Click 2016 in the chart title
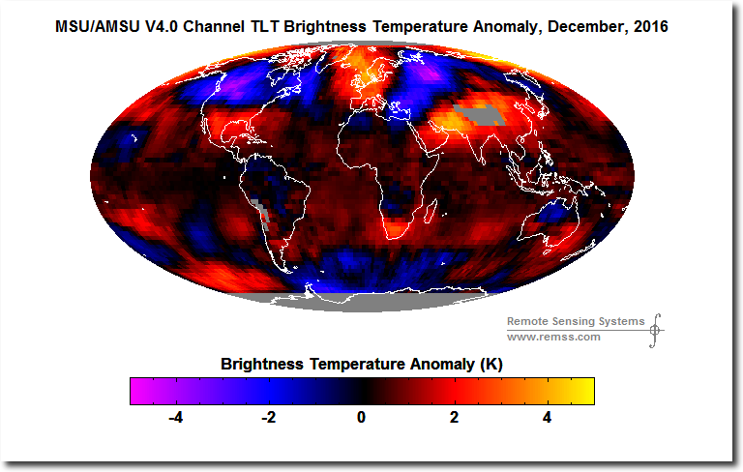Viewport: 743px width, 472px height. (650, 26)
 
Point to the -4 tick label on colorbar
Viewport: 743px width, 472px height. (175, 418)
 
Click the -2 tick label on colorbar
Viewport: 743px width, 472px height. (268, 418)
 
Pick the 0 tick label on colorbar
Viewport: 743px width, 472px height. (362, 418)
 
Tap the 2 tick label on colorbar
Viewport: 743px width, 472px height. (454, 418)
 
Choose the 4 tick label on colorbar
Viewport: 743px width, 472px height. (547, 418)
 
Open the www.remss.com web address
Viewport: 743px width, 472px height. (553, 337)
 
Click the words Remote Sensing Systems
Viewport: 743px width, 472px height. (576, 321)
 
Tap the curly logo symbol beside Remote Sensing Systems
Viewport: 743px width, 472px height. (655, 331)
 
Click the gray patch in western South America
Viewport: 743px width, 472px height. (261, 214)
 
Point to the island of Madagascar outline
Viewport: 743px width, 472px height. (430, 212)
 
